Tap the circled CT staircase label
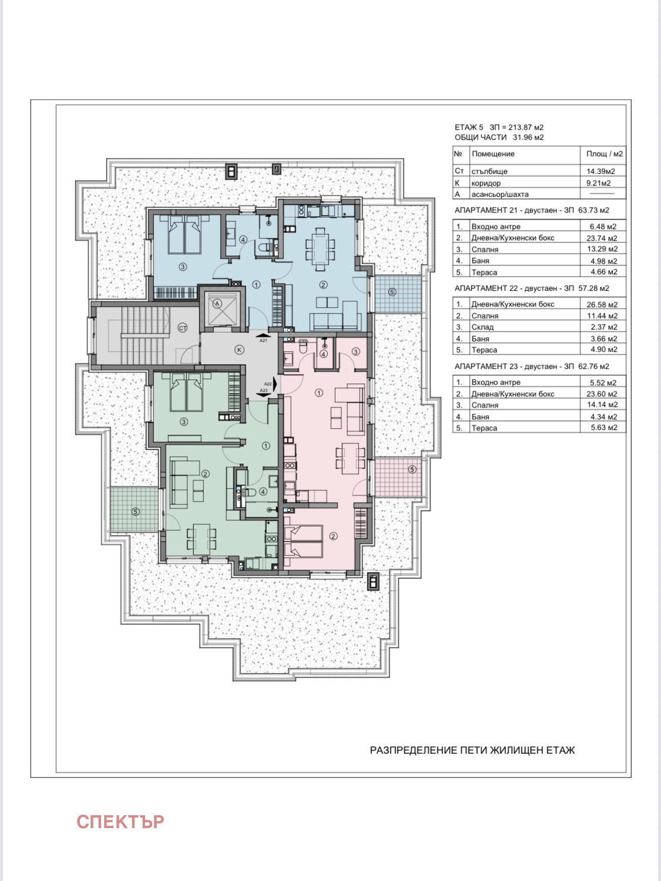pos(183,328)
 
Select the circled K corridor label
pos(239,350)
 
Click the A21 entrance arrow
pos(263,334)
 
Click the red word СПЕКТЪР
pos(120,822)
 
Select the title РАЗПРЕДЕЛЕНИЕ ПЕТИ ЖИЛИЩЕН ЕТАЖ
pos(472,750)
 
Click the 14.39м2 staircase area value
pos(601,171)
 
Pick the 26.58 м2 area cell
pos(602,304)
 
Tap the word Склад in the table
pos(482,327)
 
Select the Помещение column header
pos(493,154)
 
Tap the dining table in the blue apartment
pos(320,249)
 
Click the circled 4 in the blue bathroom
pos(243,240)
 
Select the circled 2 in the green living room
pos(206,474)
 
